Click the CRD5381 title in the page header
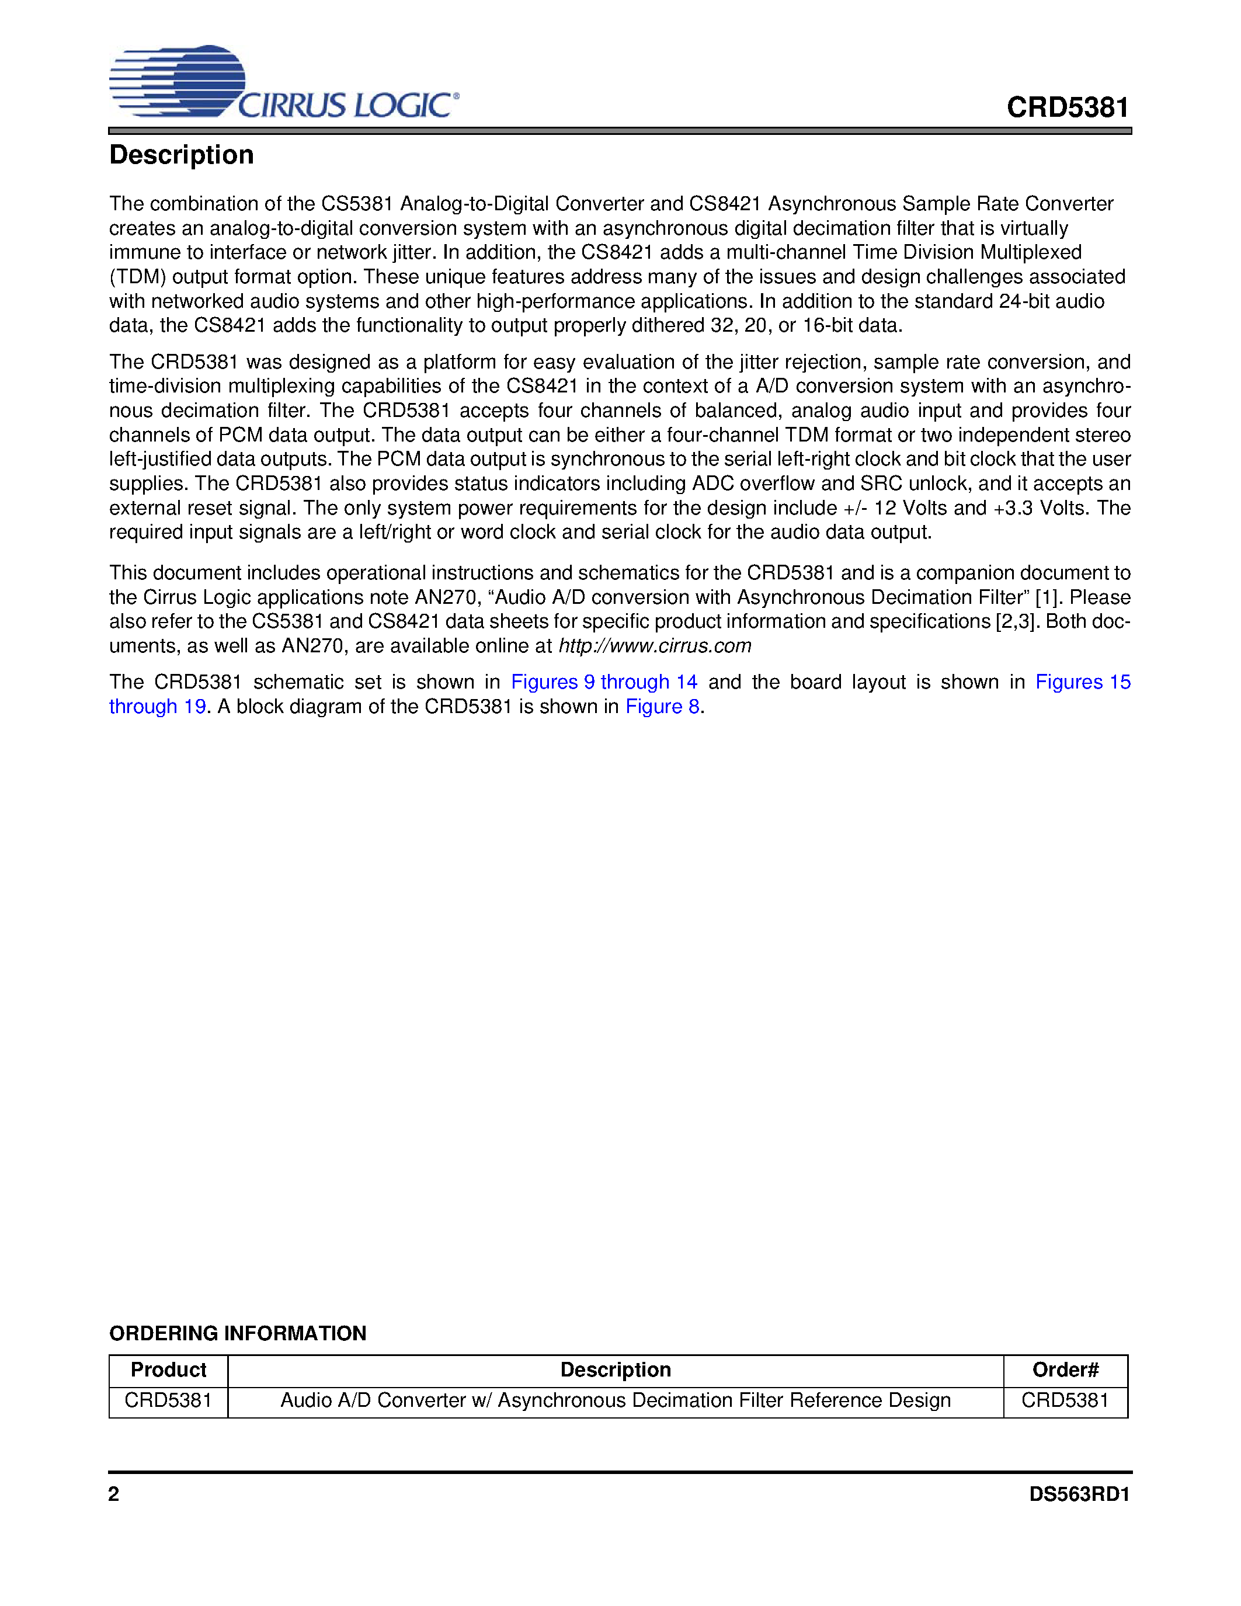[1067, 108]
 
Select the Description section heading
[182, 155]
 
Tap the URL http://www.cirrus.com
[654, 646]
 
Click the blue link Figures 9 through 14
[604, 682]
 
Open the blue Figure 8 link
[662, 706]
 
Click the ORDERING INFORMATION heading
[238, 1333]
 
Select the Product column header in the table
[168, 1370]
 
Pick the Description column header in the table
[616, 1370]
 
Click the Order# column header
[1065, 1370]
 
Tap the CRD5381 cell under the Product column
[168, 1400]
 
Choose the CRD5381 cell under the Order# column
[1065, 1400]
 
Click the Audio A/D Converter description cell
[616, 1400]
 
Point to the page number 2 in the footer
[114, 1494]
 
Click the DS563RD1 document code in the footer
[1079, 1494]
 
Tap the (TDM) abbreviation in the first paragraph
[137, 277]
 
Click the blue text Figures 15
[1082, 682]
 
